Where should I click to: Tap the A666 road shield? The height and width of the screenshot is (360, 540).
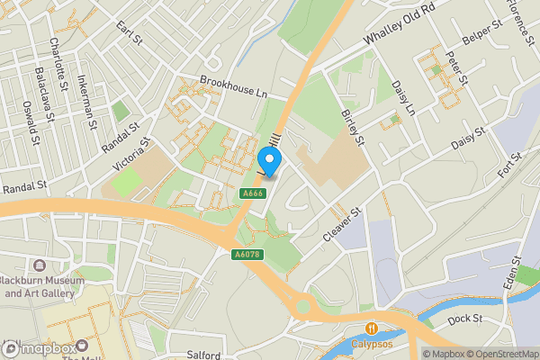coord(251,193)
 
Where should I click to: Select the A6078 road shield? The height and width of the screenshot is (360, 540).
coord(248,255)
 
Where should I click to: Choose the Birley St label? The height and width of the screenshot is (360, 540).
coord(352,128)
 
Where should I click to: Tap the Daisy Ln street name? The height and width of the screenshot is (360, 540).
coord(402,98)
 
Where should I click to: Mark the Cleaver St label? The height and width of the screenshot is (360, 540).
coord(342,224)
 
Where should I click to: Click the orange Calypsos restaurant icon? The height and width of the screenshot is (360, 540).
coord(371,327)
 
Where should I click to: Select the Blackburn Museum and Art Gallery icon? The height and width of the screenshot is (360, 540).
coord(40,266)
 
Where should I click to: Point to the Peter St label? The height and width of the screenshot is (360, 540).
coord(460,67)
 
